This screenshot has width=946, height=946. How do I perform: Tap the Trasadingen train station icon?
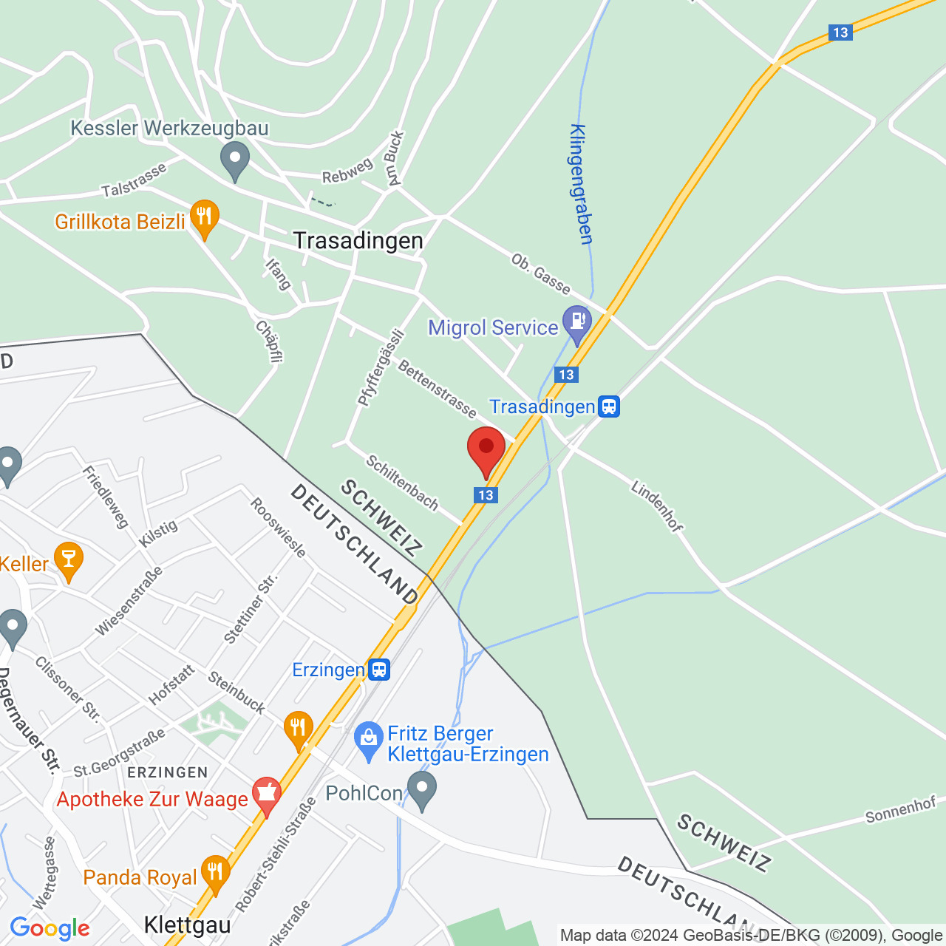point(609,406)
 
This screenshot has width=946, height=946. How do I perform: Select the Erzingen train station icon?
point(379,670)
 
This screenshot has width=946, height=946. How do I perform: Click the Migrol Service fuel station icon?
point(576,323)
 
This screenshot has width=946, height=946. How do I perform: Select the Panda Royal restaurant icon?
point(215,873)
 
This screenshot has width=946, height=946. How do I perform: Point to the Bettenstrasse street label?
point(438,389)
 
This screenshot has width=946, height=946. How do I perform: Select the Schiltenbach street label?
point(403,483)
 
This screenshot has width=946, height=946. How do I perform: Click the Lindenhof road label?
point(657,506)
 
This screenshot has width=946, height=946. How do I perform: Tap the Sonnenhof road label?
point(900,810)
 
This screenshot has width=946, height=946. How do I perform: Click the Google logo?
point(50,928)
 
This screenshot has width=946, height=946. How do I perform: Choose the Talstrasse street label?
point(134,181)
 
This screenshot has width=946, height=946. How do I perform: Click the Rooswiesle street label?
point(278,527)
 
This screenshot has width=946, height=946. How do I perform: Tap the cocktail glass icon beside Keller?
point(69,561)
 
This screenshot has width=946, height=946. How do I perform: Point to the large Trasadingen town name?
point(358,240)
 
